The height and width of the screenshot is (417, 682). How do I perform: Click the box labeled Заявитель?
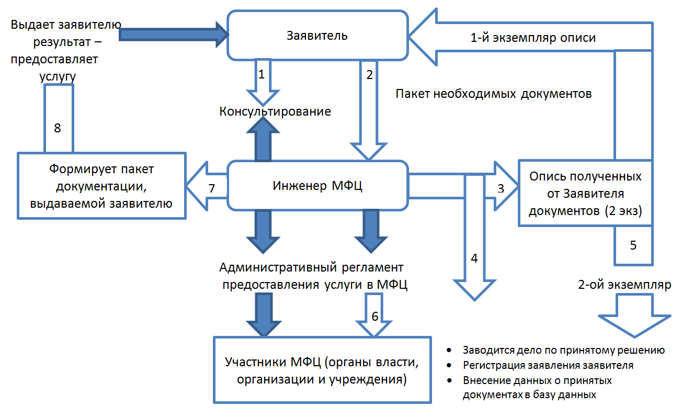(x=317, y=36)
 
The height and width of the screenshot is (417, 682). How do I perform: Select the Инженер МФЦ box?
(x=317, y=185)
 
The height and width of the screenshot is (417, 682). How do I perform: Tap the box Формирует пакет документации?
(x=101, y=186)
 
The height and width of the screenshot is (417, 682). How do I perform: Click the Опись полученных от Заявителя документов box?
(x=585, y=193)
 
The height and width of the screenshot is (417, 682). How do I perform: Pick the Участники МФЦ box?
(x=322, y=370)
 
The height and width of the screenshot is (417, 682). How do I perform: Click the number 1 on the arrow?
(x=261, y=74)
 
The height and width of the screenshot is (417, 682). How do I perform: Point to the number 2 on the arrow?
(x=369, y=75)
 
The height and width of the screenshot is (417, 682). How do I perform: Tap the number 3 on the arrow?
(x=501, y=188)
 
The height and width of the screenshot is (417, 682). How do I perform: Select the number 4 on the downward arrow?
(x=474, y=258)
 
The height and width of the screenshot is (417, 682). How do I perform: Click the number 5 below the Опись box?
(x=633, y=245)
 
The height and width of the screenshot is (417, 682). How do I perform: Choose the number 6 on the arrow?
(x=375, y=317)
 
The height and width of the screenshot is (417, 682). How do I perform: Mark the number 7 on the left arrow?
(x=212, y=188)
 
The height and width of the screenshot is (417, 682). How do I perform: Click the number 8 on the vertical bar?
(x=57, y=128)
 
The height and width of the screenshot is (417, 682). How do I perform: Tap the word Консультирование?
(x=275, y=111)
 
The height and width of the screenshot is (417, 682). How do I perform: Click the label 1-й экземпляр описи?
(x=533, y=38)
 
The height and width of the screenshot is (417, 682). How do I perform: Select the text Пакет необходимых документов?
(x=494, y=94)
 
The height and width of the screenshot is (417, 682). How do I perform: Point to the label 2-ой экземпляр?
(x=624, y=285)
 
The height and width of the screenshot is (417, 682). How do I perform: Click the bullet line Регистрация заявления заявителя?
(x=548, y=365)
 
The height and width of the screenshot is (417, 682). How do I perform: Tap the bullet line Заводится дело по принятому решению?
(x=564, y=351)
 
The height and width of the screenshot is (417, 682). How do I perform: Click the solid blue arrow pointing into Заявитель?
(x=174, y=35)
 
